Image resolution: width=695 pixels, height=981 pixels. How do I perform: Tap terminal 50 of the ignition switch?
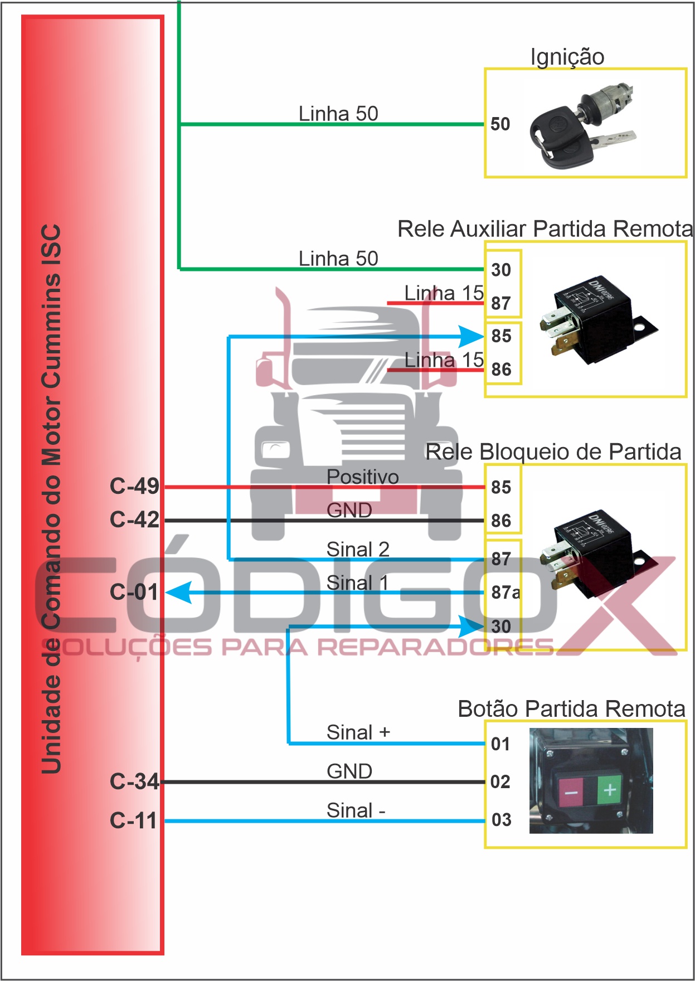[x=500, y=124]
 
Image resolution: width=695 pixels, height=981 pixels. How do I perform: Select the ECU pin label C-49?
[x=134, y=487]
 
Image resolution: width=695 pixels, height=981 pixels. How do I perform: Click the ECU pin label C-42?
[x=134, y=520]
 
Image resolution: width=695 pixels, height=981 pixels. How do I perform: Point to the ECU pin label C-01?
[x=134, y=592]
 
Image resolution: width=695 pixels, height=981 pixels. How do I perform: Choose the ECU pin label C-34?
[x=134, y=781]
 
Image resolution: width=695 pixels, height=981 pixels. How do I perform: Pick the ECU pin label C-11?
[x=133, y=820]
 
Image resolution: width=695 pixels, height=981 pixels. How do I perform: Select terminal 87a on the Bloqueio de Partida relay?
[x=505, y=593]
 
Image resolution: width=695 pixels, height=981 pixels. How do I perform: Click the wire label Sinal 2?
[x=358, y=550]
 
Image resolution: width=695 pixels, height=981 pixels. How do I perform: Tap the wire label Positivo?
[x=362, y=477]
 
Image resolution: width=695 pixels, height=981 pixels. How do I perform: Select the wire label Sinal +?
[x=358, y=732]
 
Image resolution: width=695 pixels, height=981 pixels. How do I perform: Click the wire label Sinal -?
[x=356, y=810]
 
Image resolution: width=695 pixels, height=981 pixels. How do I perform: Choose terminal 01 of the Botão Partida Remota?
[x=500, y=744]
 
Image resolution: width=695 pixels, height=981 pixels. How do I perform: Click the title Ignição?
[x=567, y=57]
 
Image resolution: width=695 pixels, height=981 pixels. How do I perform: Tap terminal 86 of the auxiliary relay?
[x=501, y=369]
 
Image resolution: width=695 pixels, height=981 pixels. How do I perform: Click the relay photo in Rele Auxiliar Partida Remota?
[x=596, y=320]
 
